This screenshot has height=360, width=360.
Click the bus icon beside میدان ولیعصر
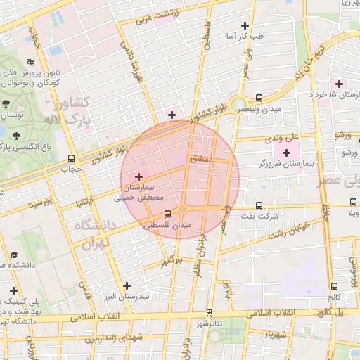pos(259,98)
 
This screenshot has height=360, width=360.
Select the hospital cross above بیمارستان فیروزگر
pos(286,153)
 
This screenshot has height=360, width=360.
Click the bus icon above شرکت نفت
pos(259,205)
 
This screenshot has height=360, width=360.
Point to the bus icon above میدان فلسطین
pos(167,214)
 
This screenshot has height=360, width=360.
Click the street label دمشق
pos(201,160)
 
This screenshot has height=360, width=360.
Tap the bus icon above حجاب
pos(71,159)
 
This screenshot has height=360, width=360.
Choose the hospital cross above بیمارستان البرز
pos(127,285)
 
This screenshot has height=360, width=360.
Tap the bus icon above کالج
pos(334,286)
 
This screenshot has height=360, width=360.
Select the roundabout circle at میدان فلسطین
pos(183,210)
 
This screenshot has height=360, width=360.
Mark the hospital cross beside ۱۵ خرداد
pos(340,84)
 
